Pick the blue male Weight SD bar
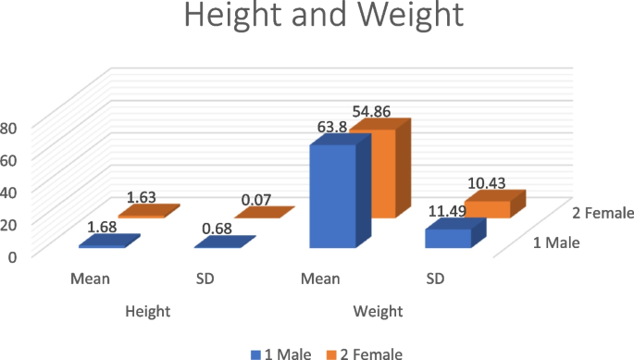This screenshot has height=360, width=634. (x=447, y=238)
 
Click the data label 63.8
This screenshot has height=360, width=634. (x=332, y=128)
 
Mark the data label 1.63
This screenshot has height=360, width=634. (x=141, y=196)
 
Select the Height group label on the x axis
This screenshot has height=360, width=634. (x=148, y=312)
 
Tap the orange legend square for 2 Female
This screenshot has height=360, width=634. (x=331, y=353)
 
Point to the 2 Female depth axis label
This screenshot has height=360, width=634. (x=601, y=213)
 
